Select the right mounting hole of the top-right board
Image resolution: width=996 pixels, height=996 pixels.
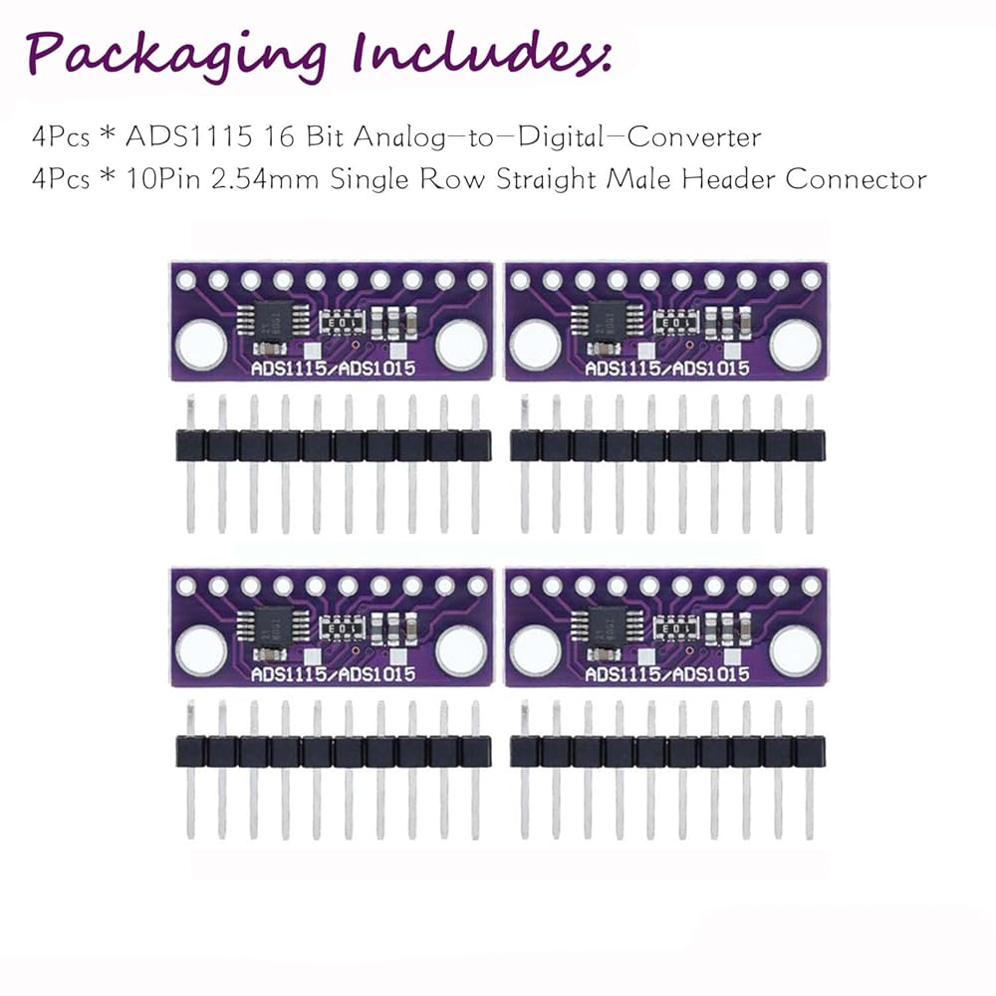(x=795, y=344)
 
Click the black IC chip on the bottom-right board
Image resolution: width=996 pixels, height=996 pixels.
(x=598, y=626)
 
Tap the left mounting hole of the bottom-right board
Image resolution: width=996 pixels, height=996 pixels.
(x=534, y=650)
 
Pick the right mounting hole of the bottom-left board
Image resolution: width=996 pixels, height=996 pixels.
(x=461, y=650)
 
